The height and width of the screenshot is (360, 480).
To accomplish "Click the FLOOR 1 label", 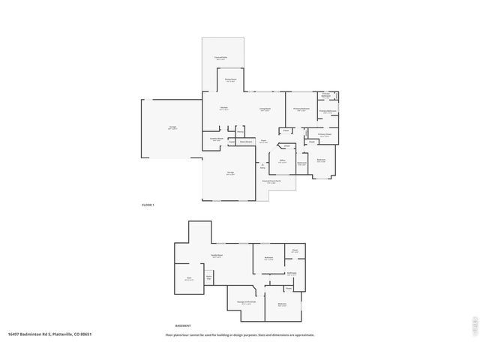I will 148,205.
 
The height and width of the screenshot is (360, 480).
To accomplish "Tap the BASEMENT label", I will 182,325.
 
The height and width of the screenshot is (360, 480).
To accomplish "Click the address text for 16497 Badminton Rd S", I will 49,334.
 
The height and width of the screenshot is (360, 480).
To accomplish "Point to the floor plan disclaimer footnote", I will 240,335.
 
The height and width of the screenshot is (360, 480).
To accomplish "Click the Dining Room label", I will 231,79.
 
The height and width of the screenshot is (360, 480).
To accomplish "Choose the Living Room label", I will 265,108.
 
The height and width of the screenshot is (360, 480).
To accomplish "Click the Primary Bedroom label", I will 301,109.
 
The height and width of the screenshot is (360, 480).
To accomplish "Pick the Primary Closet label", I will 324,135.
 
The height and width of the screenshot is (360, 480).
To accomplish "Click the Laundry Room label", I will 215,139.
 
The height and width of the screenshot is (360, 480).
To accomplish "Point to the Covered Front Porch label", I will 271,181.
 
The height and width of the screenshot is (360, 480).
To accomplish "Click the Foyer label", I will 264,140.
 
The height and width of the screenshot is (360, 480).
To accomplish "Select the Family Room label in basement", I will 216,256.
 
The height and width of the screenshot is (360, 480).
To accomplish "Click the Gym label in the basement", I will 189,279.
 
